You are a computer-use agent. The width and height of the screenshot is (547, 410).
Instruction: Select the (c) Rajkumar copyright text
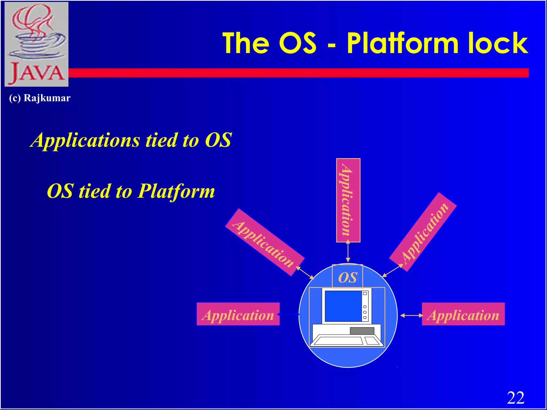pyautogui.click(x=40, y=98)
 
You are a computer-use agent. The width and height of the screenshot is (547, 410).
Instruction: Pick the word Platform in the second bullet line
pyautogui.click(x=177, y=191)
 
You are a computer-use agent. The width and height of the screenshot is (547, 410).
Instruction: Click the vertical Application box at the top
pyautogui.click(x=348, y=200)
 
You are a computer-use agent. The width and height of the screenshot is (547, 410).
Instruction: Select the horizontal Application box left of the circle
pyautogui.click(x=238, y=314)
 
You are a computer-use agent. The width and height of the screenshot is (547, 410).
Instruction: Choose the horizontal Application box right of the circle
pyautogui.click(x=463, y=314)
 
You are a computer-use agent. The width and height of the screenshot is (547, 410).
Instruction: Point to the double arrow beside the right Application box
pyautogui.click(x=411, y=316)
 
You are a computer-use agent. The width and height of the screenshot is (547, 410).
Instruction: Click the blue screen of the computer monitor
pyautogui.click(x=343, y=306)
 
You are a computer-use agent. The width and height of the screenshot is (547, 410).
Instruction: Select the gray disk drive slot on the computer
pyautogui.click(x=362, y=331)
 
